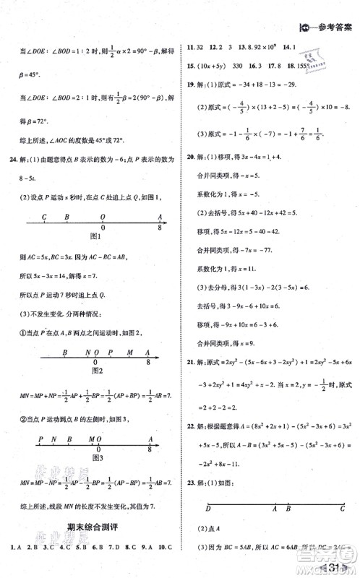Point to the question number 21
192,360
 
